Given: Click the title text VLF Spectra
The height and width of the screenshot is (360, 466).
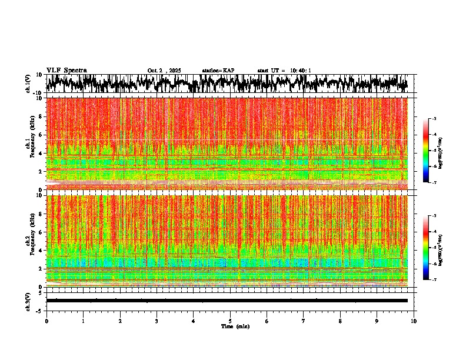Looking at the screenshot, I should tap(66, 71).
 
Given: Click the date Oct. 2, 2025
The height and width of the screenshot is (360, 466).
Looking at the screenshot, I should tap(164, 71).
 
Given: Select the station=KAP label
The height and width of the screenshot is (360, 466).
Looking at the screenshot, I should tap(218, 71).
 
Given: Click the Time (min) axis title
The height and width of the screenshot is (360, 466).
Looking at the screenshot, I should tap(235, 326).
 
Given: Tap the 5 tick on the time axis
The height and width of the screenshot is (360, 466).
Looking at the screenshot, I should tap(230, 321).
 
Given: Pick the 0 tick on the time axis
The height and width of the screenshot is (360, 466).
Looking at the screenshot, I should tap(46, 321).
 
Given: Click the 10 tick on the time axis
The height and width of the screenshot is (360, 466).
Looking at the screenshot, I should tap(414, 321).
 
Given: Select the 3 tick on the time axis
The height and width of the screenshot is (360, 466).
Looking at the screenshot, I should tap(157, 321).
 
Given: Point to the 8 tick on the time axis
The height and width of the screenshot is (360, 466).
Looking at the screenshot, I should tap(341, 321).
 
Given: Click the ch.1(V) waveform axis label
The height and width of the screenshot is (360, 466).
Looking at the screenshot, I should tap(28, 84).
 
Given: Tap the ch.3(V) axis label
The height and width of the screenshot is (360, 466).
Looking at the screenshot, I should tap(28, 301).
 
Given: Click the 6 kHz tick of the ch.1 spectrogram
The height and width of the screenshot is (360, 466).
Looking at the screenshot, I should tap(41, 135).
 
